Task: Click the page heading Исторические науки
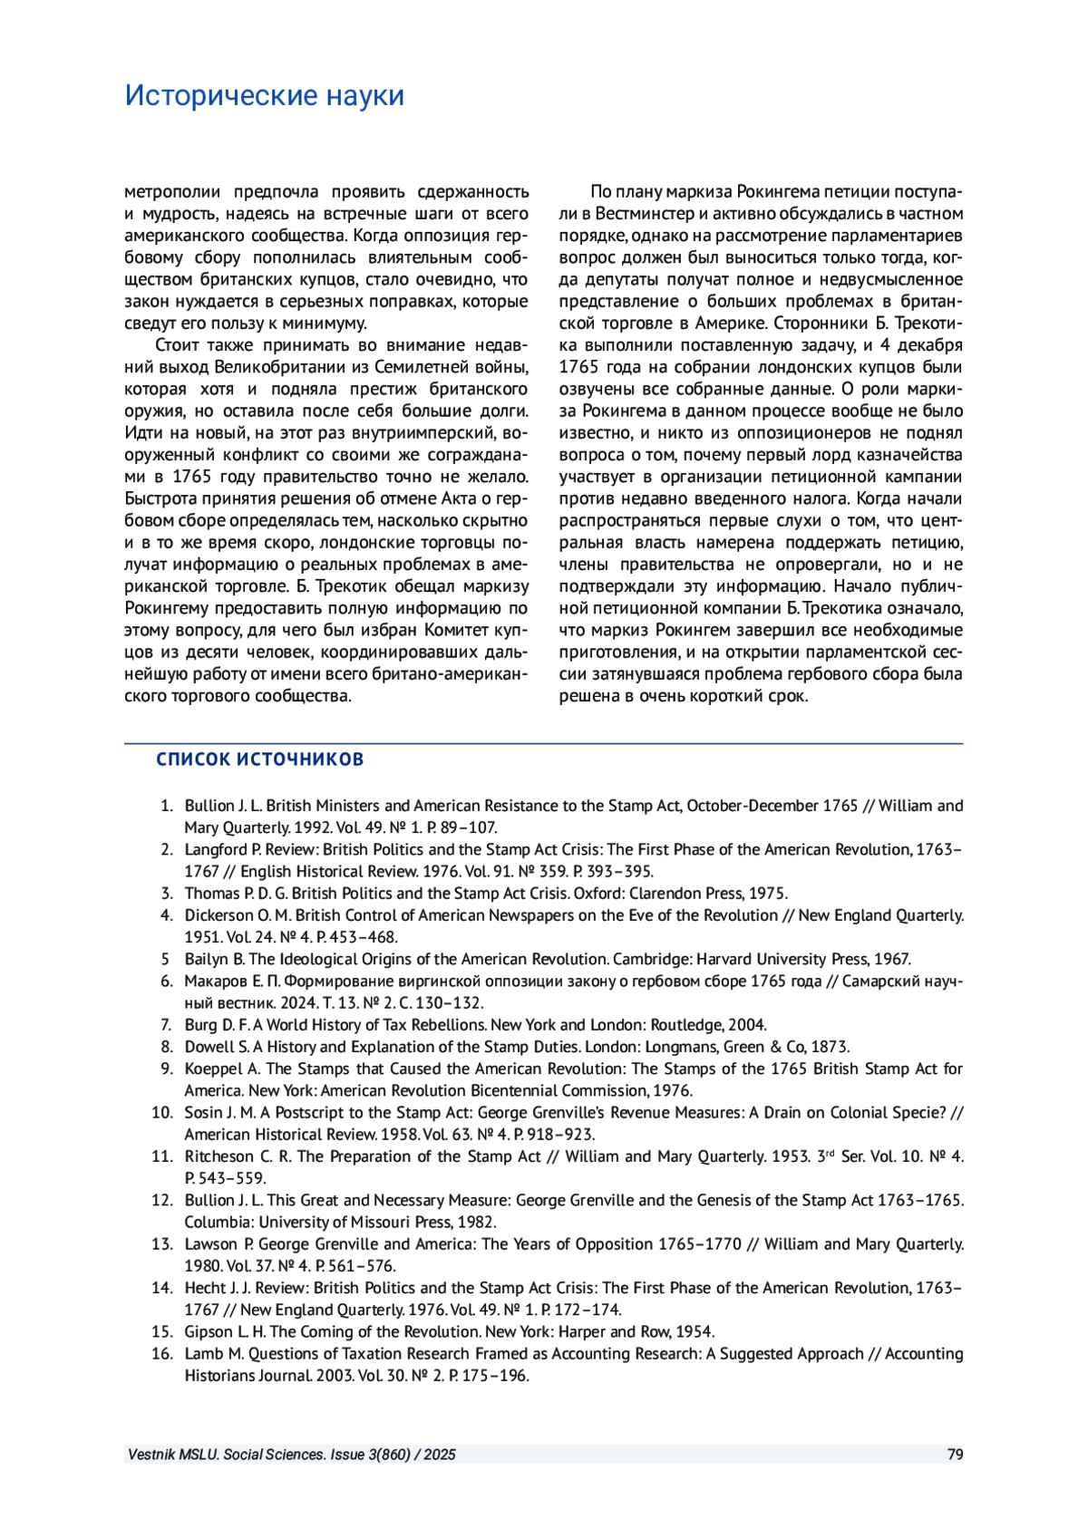[x=265, y=95]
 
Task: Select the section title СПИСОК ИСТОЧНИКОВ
[x=259, y=759]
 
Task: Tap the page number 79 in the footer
[x=955, y=1455]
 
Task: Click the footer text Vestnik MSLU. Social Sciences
[x=227, y=1455]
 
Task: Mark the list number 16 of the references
[x=161, y=1353]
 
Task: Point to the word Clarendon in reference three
[x=664, y=894]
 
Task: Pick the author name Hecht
[x=205, y=1288]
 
